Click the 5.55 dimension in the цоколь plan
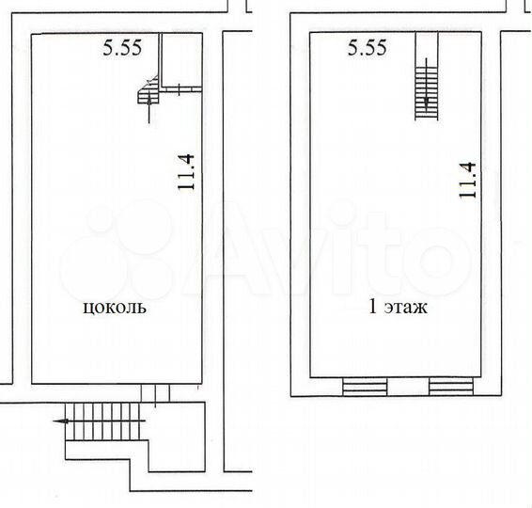point(121,50)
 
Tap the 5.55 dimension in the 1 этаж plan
point(367,50)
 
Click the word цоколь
point(116,308)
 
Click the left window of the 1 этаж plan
point(365,386)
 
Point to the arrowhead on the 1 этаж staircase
point(428,103)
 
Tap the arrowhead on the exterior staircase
point(67,421)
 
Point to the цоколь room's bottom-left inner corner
point(33,382)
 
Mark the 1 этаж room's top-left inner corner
point(311,34)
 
